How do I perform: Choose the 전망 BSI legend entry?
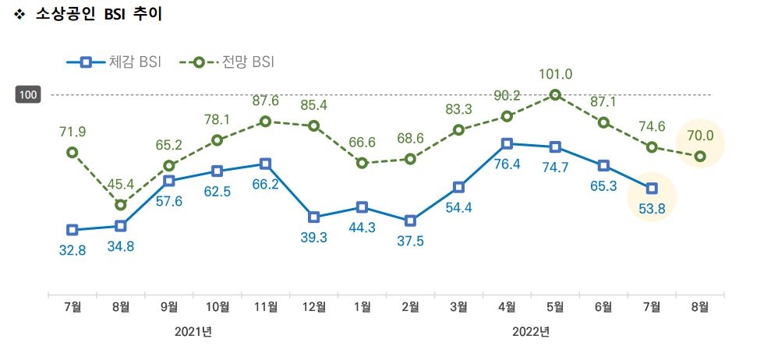(x=226, y=62)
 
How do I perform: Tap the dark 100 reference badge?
(x=28, y=95)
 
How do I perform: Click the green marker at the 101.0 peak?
(x=555, y=95)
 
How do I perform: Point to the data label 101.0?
(x=555, y=75)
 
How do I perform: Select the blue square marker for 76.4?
(x=507, y=143)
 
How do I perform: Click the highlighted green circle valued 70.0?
(x=700, y=157)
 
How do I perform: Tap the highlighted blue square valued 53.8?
(x=652, y=188)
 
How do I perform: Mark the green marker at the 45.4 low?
(x=120, y=205)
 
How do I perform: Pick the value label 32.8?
(x=72, y=250)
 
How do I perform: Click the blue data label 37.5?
(x=410, y=242)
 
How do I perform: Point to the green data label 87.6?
(x=265, y=101)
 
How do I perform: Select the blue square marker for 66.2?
(x=265, y=164)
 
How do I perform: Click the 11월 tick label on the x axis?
(x=265, y=307)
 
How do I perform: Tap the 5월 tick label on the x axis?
(x=555, y=307)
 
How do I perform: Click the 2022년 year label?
(x=531, y=332)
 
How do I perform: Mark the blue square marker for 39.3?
(x=313, y=217)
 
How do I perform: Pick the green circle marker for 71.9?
(x=72, y=153)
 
